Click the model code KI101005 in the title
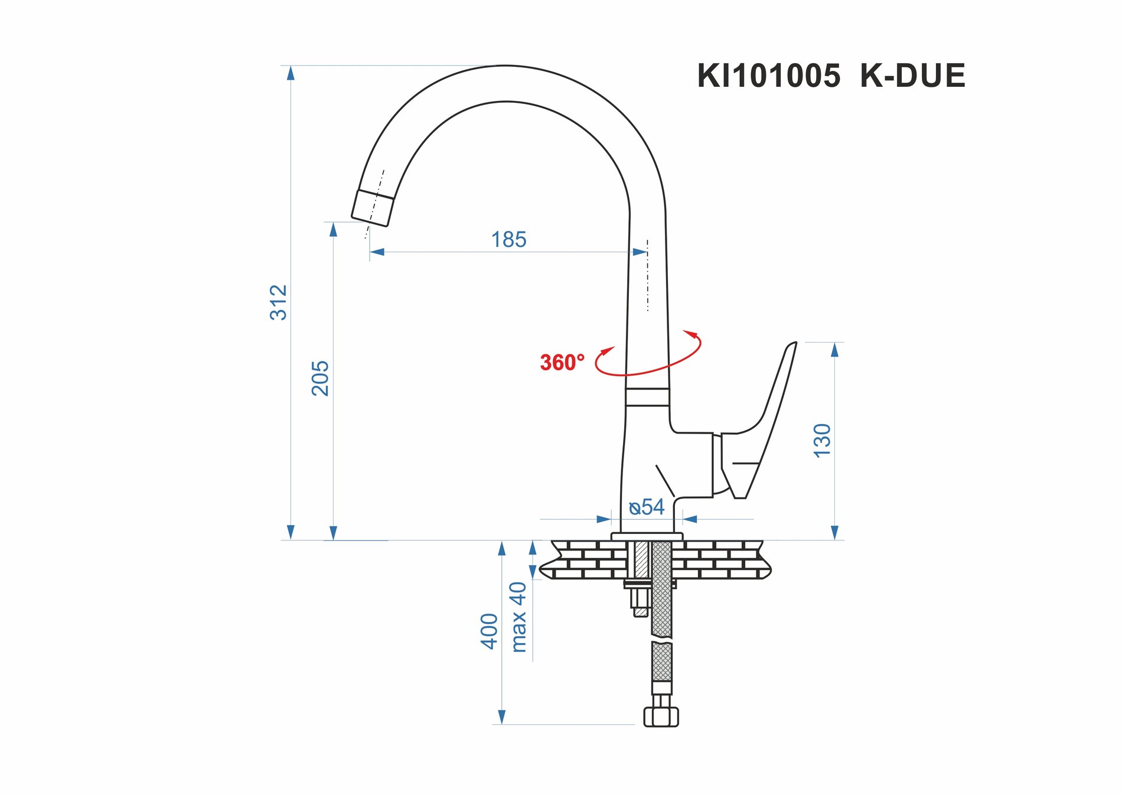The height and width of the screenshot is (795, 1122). point(768,76)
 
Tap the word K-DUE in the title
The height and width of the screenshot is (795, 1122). point(912,76)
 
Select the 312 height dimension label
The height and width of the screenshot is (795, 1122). point(278,302)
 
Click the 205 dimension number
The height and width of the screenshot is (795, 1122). point(320,378)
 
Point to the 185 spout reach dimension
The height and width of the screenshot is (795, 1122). point(508,240)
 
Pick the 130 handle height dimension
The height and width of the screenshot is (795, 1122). point(822,440)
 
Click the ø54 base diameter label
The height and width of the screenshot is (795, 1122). point(647,507)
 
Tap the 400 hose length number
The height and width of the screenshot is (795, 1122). point(490,631)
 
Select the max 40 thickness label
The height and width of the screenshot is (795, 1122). point(518,617)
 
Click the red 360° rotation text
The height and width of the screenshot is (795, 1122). point(562,362)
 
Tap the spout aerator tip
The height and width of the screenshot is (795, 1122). point(372,208)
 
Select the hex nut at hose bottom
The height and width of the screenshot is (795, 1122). point(661,716)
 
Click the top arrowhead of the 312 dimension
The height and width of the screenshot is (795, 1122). point(291,73)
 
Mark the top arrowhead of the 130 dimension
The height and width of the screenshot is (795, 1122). point(834,350)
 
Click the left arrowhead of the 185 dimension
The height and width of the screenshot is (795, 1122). point(377,252)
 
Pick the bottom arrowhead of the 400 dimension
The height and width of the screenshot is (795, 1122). point(502,717)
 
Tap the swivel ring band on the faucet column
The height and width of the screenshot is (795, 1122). point(647,397)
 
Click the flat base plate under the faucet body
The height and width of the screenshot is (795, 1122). point(647,536)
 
